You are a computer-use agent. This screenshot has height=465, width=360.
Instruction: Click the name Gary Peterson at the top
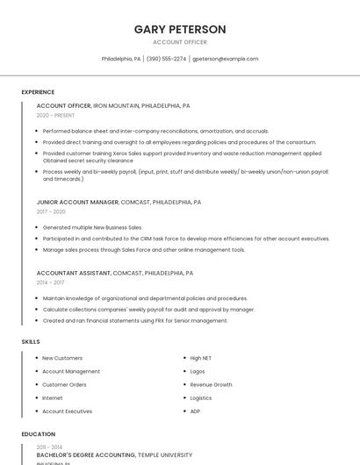(x=180, y=29)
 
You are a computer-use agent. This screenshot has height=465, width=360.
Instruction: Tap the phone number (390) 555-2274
(x=166, y=59)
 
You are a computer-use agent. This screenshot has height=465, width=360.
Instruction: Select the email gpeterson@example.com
(x=226, y=59)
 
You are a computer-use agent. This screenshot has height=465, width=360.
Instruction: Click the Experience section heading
(x=38, y=92)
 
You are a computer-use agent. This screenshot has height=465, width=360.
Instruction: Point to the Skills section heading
(x=31, y=341)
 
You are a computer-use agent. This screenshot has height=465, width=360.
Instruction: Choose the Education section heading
(x=39, y=434)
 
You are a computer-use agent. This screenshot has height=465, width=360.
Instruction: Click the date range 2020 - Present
(x=55, y=115)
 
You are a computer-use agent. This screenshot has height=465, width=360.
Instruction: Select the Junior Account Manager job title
(x=77, y=202)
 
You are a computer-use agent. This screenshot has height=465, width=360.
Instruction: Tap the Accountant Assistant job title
(x=74, y=273)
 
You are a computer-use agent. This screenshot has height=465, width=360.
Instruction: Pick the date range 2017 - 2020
(x=51, y=211)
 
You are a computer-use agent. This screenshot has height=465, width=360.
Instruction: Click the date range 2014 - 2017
(x=50, y=283)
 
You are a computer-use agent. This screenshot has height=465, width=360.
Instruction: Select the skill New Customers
(x=62, y=358)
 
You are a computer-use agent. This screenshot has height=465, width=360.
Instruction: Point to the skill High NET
(x=201, y=358)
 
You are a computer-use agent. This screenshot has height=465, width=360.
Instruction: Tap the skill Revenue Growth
(x=211, y=384)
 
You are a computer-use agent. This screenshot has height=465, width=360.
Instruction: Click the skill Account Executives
(x=67, y=411)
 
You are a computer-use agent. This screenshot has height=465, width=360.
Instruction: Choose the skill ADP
(x=195, y=411)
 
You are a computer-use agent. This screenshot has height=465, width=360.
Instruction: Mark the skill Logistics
(x=200, y=397)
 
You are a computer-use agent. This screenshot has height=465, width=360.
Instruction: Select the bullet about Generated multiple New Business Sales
(x=92, y=227)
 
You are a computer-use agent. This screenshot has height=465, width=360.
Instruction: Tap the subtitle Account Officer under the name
(x=180, y=42)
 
